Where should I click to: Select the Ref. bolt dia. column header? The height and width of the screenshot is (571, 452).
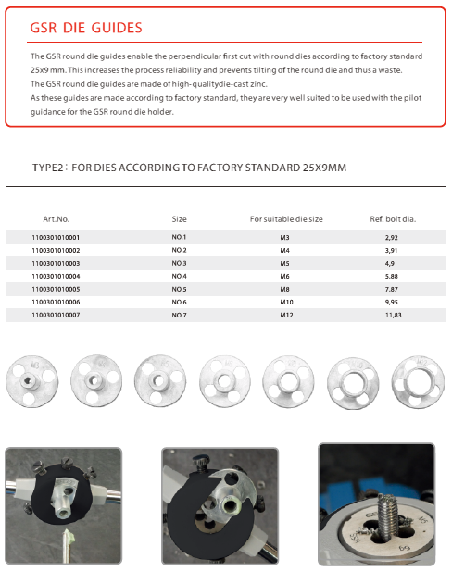(393, 219)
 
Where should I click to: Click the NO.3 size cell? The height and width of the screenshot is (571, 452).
(179, 264)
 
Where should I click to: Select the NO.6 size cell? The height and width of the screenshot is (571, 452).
(179, 303)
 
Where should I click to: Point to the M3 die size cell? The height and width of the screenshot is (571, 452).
(284, 238)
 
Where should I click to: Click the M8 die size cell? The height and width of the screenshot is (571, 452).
(285, 290)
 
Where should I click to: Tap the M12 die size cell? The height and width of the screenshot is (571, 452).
(286, 316)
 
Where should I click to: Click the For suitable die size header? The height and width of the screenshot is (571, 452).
(286, 219)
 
